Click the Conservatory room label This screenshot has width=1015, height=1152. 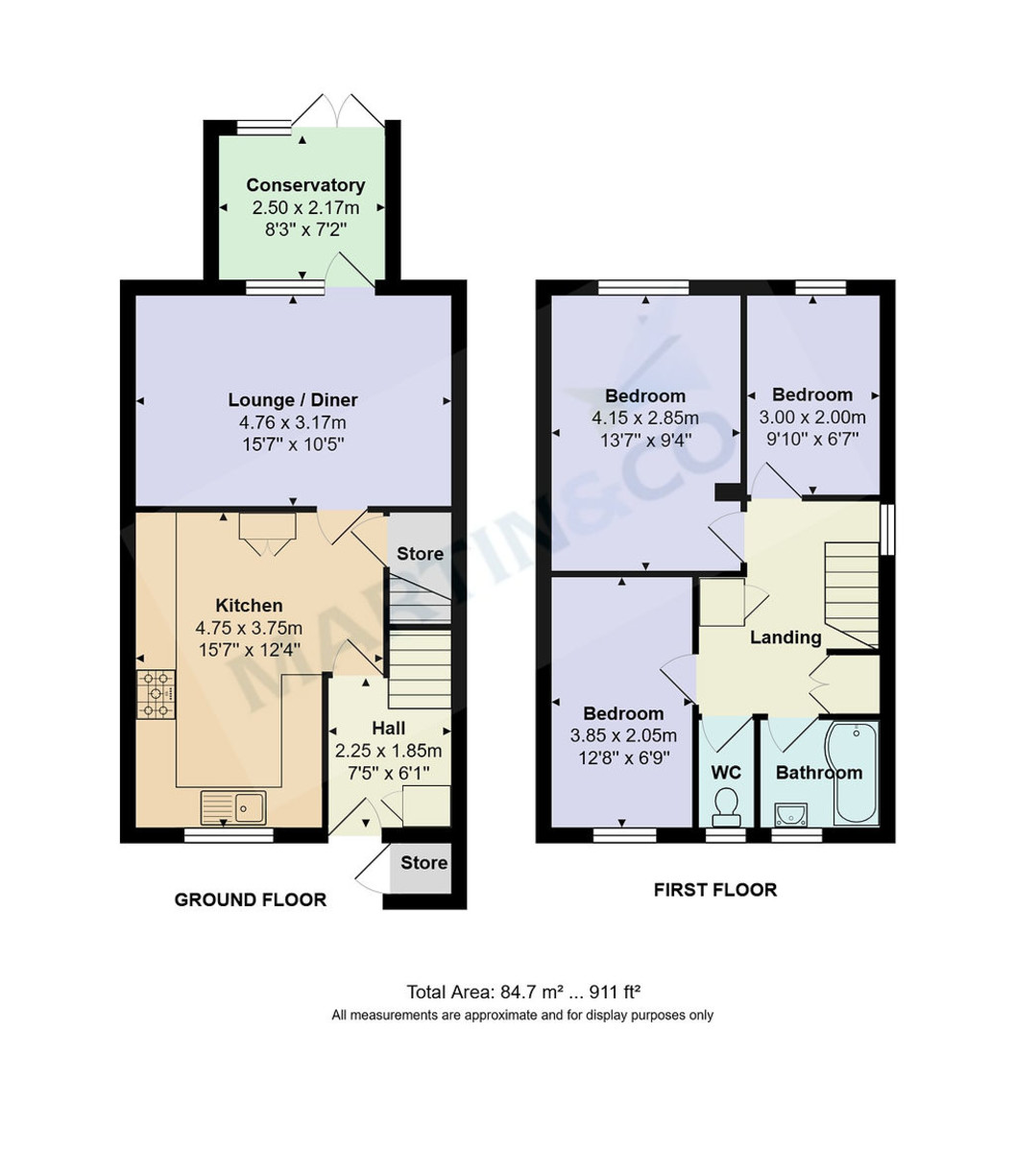[x=305, y=185]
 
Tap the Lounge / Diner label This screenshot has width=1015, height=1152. [x=293, y=400]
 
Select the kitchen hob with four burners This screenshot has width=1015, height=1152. [x=157, y=693]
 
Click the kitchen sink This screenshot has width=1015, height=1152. [x=234, y=806]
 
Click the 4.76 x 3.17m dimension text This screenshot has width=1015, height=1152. [x=293, y=422]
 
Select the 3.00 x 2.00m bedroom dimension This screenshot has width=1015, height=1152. [x=812, y=418]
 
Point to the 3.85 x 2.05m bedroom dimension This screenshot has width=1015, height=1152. [x=624, y=736]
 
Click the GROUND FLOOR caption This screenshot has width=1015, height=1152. [x=250, y=900]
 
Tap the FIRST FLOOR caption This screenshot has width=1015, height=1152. [x=715, y=890]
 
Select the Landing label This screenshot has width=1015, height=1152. [x=785, y=637]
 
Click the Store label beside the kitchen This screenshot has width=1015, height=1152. [x=420, y=554]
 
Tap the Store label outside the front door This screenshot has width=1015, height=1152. [x=423, y=863]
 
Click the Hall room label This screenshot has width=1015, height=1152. [x=388, y=729]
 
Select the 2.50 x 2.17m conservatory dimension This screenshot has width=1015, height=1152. [x=305, y=207]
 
